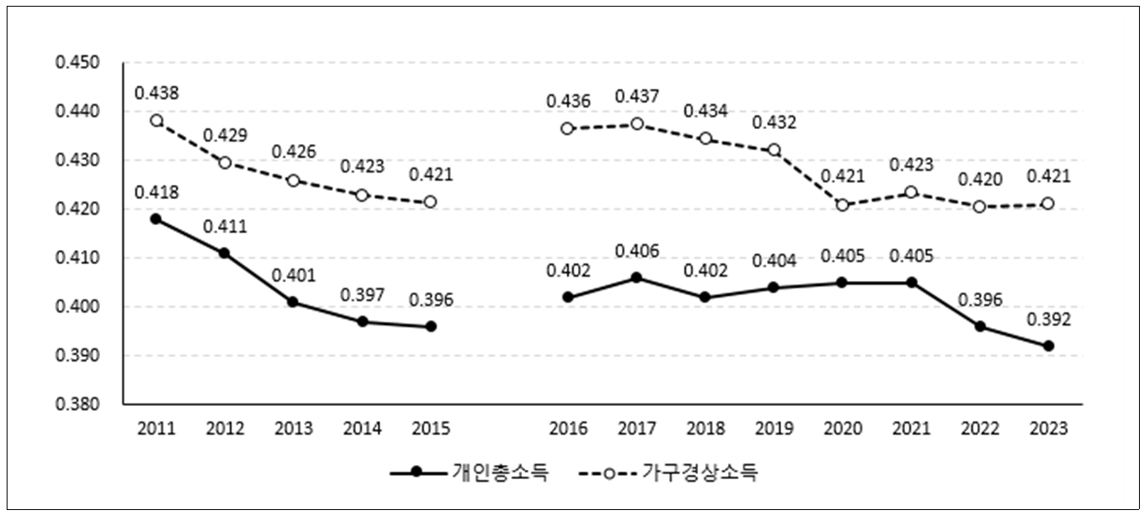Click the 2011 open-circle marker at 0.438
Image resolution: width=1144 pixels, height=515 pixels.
pos(156,120)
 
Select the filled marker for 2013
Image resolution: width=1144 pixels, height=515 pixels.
pos(294,302)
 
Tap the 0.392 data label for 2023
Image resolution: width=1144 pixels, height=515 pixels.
pos(1046,318)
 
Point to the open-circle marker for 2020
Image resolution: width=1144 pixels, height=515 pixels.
pos(842,205)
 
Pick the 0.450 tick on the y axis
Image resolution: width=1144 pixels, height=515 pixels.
pos(77,63)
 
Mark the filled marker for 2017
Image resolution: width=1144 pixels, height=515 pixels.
pos(636,277)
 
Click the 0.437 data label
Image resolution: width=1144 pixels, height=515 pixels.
pos(636,97)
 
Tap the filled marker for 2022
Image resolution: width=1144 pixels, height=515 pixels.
pos(980,327)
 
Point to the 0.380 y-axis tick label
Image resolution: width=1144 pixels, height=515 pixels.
pos(77,405)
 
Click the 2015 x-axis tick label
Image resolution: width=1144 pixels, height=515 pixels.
pos(430,428)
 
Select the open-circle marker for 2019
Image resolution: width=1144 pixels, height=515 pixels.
pos(774,150)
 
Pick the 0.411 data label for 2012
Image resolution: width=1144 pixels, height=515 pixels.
pos(224,227)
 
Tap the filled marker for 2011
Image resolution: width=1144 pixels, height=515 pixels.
pos(156,218)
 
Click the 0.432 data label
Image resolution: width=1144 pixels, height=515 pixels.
pos(774,122)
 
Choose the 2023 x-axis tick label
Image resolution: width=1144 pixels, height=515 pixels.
pos(1048,428)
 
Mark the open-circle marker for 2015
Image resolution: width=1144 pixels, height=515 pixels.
pos(430,202)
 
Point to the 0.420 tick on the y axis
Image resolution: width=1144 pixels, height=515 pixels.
pos(77,209)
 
